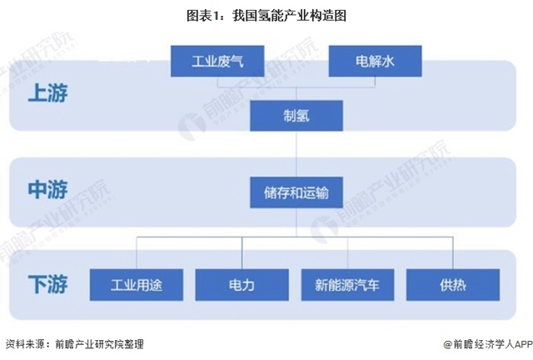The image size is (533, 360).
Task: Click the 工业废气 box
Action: pyautogui.click(x=217, y=61)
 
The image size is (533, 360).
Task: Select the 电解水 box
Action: pyautogui.click(x=375, y=61)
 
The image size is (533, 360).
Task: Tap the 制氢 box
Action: pyautogui.click(x=296, y=116)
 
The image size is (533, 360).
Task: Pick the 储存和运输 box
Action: pyautogui.click(x=296, y=192)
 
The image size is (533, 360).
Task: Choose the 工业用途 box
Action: pyautogui.click(x=137, y=285)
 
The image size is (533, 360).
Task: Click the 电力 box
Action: pyautogui.click(x=242, y=285)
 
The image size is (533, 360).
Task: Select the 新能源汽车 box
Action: pyautogui.click(x=348, y=285)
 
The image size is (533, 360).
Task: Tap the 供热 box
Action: pyautogui.click(x=453, y=285)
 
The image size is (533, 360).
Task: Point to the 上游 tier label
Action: pyautogui.click(x=48, y=92)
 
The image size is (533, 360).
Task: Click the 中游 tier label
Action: pyautogui.click(x=48, y=189)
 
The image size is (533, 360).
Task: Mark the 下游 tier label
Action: pyautogui.click(x=48, y=284)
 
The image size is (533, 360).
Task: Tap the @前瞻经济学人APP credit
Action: pyautogui.click(x=488, y=344)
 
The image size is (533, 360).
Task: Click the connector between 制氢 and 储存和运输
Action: pyautogui.click(x=296, y=154)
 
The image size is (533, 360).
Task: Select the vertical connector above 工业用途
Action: pyautogui.click(x=137, y=253)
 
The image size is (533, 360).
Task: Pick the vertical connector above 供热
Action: pyautogui.click(x=453, y=253)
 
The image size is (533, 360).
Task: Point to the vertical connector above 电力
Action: pyautogui.click(x=242, y=253)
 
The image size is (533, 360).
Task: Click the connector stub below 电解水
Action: pyautogui.click(x=375, y=82)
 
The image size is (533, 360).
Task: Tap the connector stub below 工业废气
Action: pyautogui.click(x=217, y=82)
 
